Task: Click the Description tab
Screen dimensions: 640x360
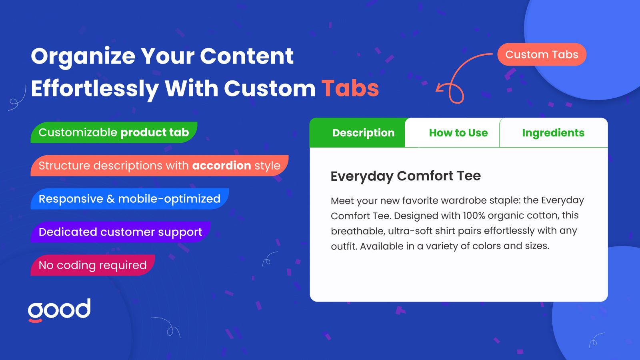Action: pyautogui.click(x=358, y=132)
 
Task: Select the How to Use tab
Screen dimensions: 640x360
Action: pyautogui.click(x=452, y=132)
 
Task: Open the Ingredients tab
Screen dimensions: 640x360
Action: pyautogui.click(x=554, y=132)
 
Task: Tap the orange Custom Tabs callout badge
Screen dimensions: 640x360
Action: pyautogui.click(x=542, y=54)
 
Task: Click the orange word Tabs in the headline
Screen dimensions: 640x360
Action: pyautogui.click(x=350, y=88)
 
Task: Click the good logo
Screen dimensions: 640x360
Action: pyautogui.click(x=60, y=310)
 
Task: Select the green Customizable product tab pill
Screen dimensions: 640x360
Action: pyautogui.click(x=114, y=132)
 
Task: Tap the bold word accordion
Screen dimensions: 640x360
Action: pyautogui.click(x=222, y=166)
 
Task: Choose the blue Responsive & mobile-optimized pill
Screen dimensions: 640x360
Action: pyautogui.click(x=130, y=199)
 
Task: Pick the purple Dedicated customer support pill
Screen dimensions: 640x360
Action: pyautogui.click(x=120, y=232)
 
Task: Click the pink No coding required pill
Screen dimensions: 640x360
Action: pyautogui.click(x=93, y=265)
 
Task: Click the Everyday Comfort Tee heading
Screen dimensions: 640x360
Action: pyautogui.click(x=406, y=176)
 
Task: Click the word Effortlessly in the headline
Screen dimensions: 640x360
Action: pyautogui.click(x=95, y=89)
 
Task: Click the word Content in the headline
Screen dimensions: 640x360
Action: pyautogui.click(x=246, y=56)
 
